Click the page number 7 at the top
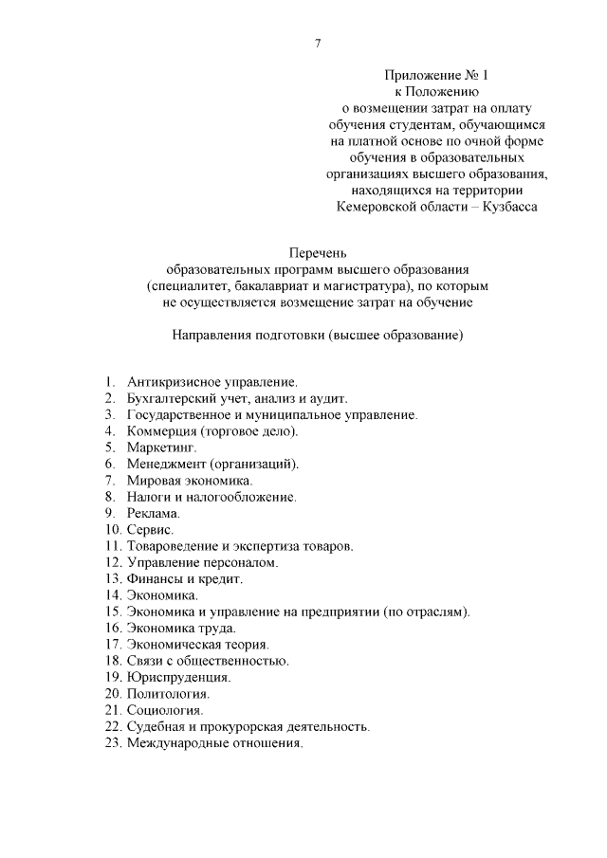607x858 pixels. [x=318, y=43]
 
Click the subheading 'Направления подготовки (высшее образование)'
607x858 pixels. [x=318, y=336]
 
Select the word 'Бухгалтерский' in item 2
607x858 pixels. [x=168, y=399]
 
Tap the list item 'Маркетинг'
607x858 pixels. [x=161, y=447]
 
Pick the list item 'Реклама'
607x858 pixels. [x=153, y=513]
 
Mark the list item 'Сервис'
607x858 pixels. [x=150, y=529]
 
